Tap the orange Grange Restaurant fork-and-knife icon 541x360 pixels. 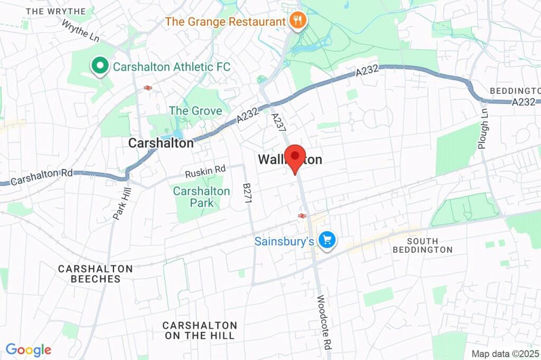tap(298, 22)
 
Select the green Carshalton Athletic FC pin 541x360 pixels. tap(98, 67)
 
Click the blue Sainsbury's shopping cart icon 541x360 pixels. tap(327, 241)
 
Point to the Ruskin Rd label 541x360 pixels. tap(205, 171)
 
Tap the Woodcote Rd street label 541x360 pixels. tap(324, 321)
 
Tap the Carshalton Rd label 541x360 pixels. tap(42, 177)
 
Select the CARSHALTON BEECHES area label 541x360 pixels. tap(95, 274)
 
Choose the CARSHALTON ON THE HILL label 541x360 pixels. tap(200, 330)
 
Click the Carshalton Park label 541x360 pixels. tap(202, 197)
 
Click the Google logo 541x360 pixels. tap(29, 349)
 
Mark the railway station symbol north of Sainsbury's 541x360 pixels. tap(302, 215)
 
